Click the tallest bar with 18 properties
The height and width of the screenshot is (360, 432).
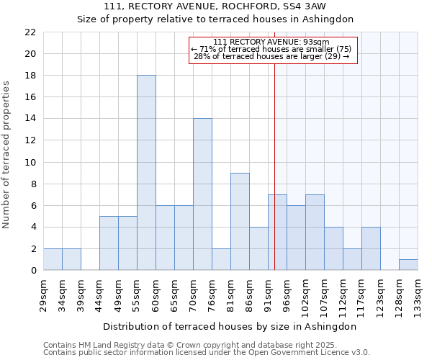tap(146, 173)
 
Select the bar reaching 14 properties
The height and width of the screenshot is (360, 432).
tap(202, 194)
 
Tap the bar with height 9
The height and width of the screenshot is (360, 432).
tap(240, 222)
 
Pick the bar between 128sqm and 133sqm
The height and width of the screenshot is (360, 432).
tap(408, 265)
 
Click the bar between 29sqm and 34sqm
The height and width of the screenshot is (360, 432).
tap(53, 260)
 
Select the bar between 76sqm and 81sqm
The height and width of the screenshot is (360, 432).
tap(221, 260)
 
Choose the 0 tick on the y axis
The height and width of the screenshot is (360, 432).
tap(32, 271)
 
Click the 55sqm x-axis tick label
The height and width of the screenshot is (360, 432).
tap(138, 294)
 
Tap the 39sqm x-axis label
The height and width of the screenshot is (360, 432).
tap(81, 294)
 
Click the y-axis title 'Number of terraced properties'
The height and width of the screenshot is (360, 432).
tap(6, 155)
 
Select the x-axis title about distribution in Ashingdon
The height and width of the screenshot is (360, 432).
tap(230, 326)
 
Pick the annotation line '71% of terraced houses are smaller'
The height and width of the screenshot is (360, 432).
tap(271, 49)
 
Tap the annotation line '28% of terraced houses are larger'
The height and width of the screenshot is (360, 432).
tap(271, 56)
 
